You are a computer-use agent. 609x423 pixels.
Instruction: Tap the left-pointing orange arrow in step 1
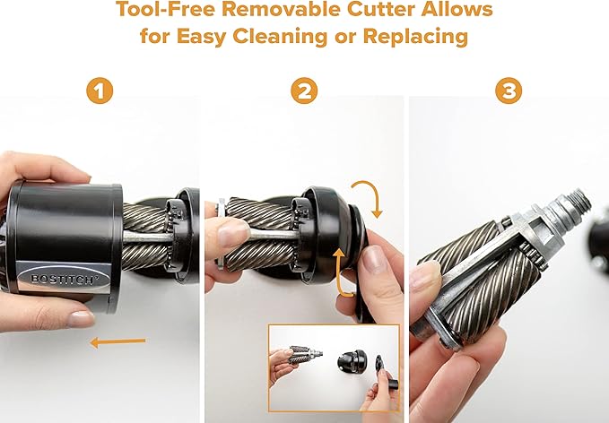(x=117, y=341)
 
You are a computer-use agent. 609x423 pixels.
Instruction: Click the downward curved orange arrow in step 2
(x=370, y=196)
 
